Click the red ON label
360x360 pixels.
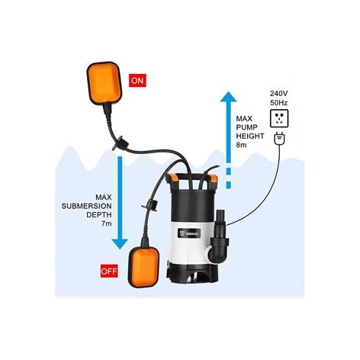click(x=137, y=81)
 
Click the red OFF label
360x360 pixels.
click(x=109, y=271)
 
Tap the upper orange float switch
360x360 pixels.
click(x=104, y=83)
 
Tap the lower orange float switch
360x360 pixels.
click(x=144, y=267)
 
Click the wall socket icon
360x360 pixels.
click(x=279, y=118)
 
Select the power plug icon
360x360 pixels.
click(x=279, y=139)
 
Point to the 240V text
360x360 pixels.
click(x=279, y=94)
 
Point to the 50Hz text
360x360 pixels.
click(x=279, y=103)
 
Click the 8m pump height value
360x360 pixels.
click(x=241, y=145)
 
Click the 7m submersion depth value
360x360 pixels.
click(x=107, y=223)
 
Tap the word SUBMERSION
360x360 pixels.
click(x=86, y=206)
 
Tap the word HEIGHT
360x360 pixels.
click(x=250, y=136)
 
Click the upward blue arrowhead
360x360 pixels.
click(x=228, y=97)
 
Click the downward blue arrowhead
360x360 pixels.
click(x=120, y=244)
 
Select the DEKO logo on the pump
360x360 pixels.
click(x=189, y=233)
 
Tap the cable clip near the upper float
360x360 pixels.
click(x=121, y=143)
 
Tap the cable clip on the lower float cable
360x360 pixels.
click(x=150, y=204)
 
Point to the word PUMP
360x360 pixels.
click(x=246, y=127)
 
